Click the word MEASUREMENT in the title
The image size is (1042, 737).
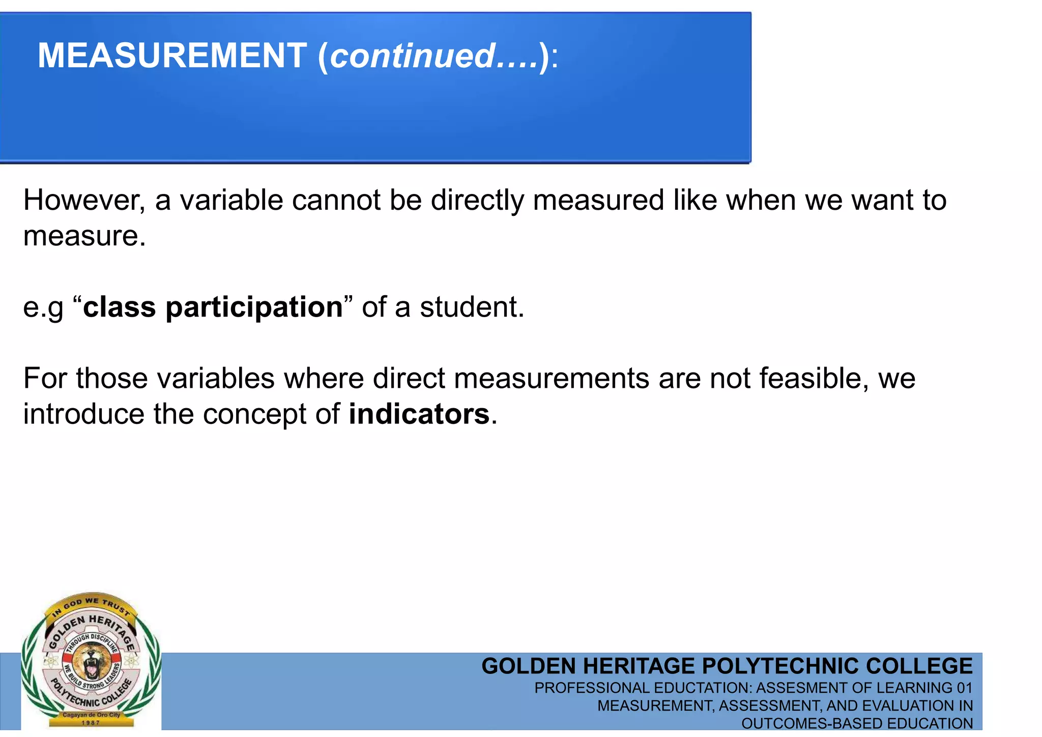pos(172,55)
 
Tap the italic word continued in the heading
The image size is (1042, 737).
pos(413,55)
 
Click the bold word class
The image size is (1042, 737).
pos(119,307)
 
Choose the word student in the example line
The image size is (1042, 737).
pos(472,307)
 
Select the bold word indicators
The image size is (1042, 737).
pos(419,414)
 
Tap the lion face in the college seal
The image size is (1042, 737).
pos(92,660)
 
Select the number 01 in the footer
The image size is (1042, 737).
pos(964,688)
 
